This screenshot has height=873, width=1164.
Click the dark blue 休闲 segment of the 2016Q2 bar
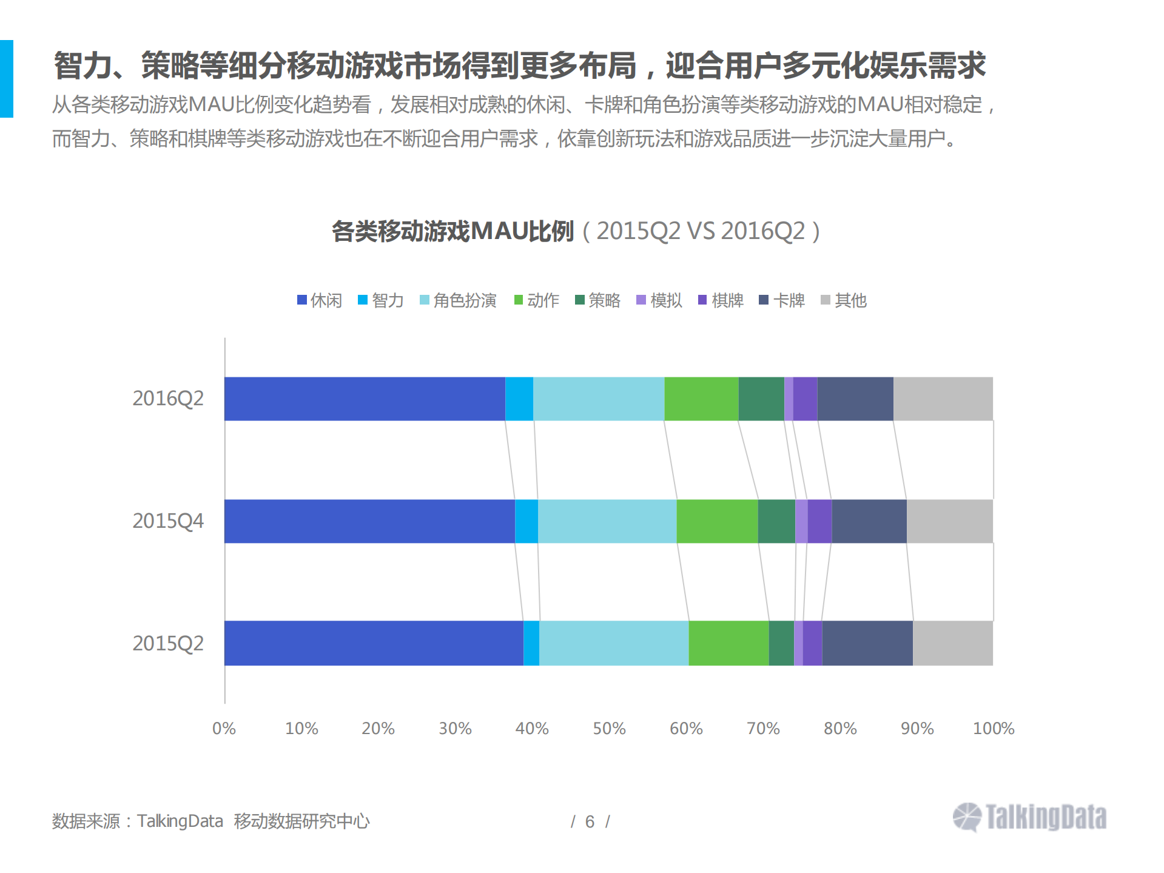click(x=364, y=399)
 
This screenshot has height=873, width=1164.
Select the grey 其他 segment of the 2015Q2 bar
click(x=952, y=643)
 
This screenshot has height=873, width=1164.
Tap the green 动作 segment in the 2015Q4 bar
click(x=717, y=521)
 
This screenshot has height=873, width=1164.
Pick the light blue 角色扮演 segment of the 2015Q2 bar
click(x=614, y=643)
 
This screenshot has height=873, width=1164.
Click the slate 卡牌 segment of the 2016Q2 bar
click(x=855, y=399)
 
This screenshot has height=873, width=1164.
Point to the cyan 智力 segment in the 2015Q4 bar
click(x=526, y=521)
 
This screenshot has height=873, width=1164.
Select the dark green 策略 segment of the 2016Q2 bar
click(x=761, y=399)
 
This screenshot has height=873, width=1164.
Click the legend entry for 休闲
click(x=320, y=300)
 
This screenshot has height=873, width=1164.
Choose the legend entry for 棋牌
click(x=721, y=300)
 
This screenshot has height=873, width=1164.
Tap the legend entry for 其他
click(x=844, y=300)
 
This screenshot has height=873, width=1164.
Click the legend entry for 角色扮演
click(x=458, y=300)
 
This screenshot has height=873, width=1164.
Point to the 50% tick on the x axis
click(x=609, y=728)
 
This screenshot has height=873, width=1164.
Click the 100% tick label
click(x=993, y=728)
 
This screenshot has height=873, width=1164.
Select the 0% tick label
click(x=224, y=728)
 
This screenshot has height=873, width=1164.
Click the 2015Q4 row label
click(x=168, y=521)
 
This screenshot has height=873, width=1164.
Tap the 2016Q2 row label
click(x=168, y=399)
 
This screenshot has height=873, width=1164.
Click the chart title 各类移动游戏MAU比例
click(x=452, y=231)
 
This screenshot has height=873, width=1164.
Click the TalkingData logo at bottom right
click(x=1029, y=817)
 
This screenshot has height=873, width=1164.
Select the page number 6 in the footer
click(x=590, y=821)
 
